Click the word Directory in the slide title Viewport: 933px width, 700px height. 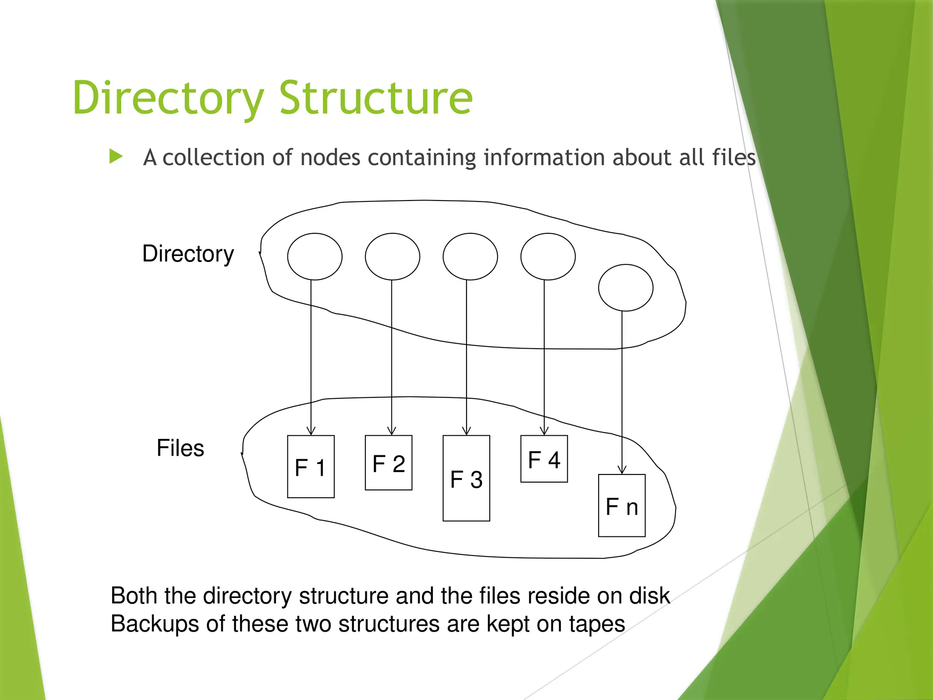tap(168, 98)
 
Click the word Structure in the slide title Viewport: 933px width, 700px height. tap(376, 98)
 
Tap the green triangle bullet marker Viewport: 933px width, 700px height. tap(116, 157)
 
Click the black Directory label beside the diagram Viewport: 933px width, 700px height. tap(188, 254)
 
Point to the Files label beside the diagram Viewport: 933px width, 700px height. tap(180, 448)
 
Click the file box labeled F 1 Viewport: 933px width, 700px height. tap(311, 467)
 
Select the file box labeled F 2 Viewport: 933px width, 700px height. tap(389, 463)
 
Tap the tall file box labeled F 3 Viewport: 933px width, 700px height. tap(466, 479)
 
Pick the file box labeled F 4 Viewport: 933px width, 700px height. tap(544, 459)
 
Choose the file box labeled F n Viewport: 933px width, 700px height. tap(622, 506)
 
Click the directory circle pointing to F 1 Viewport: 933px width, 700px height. tap(314, 257)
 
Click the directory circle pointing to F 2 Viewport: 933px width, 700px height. tap(392, 257)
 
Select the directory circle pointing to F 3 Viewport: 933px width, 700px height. tap(470, 257)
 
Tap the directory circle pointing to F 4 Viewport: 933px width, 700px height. tap(548, 257)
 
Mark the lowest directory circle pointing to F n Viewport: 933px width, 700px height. tap(625, 288)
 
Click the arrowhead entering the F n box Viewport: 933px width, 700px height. tap(622, 470)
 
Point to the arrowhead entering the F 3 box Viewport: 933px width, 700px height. tap(466, 431)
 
